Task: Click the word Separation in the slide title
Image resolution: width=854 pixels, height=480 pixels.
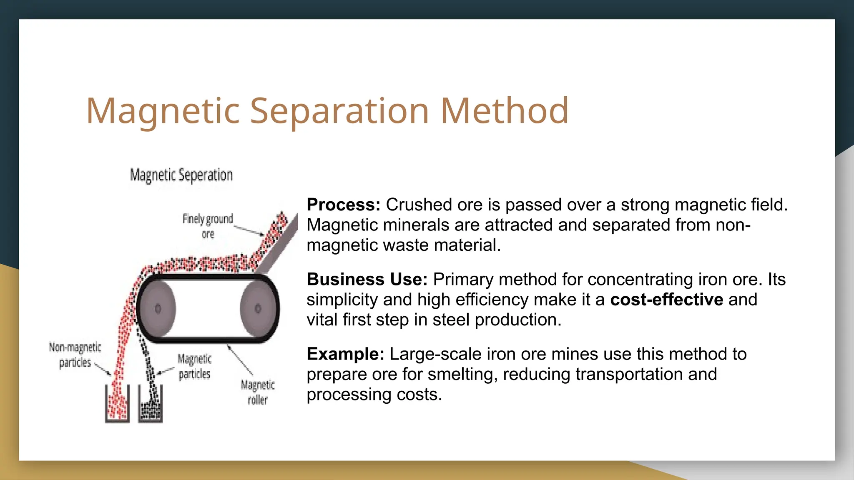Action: point(339,111)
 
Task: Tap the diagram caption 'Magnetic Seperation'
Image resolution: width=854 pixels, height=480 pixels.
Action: point(181,175)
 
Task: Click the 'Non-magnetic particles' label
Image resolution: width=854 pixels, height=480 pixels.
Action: point(75,355)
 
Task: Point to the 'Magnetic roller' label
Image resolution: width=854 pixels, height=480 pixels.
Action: point(258,392)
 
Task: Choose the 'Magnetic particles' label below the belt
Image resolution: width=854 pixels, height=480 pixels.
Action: point(194,366)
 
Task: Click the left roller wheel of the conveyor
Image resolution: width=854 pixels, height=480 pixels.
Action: point(157,308)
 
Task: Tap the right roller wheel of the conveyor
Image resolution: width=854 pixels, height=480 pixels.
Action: point(258,308)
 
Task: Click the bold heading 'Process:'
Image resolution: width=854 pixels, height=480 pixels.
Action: point(344,205)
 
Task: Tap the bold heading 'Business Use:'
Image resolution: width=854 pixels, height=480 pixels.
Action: point(367,280)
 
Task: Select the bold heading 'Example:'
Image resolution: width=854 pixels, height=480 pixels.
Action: point(345,354)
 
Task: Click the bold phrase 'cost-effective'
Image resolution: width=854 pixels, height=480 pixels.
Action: point(666,300)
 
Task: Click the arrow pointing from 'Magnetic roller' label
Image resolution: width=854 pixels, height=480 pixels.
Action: point(240,360)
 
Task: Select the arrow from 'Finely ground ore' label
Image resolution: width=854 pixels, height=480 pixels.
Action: point(249,230)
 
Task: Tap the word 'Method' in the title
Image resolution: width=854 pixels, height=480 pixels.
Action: point(505,111)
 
